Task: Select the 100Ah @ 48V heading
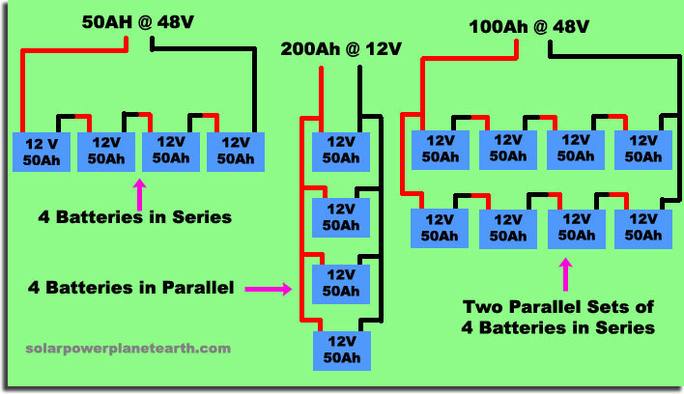click(528, 26)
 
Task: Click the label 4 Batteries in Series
click(136, 217)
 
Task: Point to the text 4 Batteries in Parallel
click(131, 287)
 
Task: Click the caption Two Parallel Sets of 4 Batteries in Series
click(560, 318)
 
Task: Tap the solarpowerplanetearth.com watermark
click(128, 348)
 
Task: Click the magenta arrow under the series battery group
click(141, 191)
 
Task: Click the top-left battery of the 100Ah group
click(441, 148)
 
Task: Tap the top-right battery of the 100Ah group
click(642, 148)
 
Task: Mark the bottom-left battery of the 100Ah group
click(441, 228)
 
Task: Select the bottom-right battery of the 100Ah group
click(642, 228)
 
